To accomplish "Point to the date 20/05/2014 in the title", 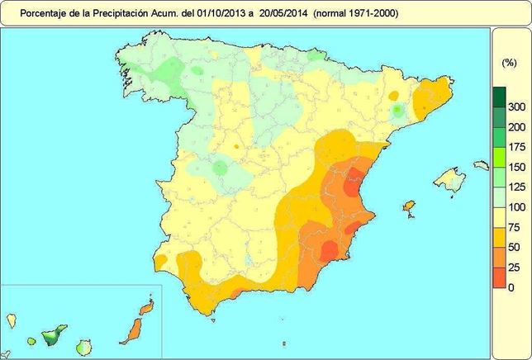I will (289, 13).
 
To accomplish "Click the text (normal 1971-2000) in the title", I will (359, 13).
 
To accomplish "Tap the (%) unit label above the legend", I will (509, 63).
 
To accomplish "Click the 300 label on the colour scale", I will (516, 107).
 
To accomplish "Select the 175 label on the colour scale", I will (516, 147).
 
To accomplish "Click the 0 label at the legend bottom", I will (511, 287).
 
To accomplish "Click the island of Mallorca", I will (450, 178).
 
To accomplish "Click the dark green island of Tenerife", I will (55, 335).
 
